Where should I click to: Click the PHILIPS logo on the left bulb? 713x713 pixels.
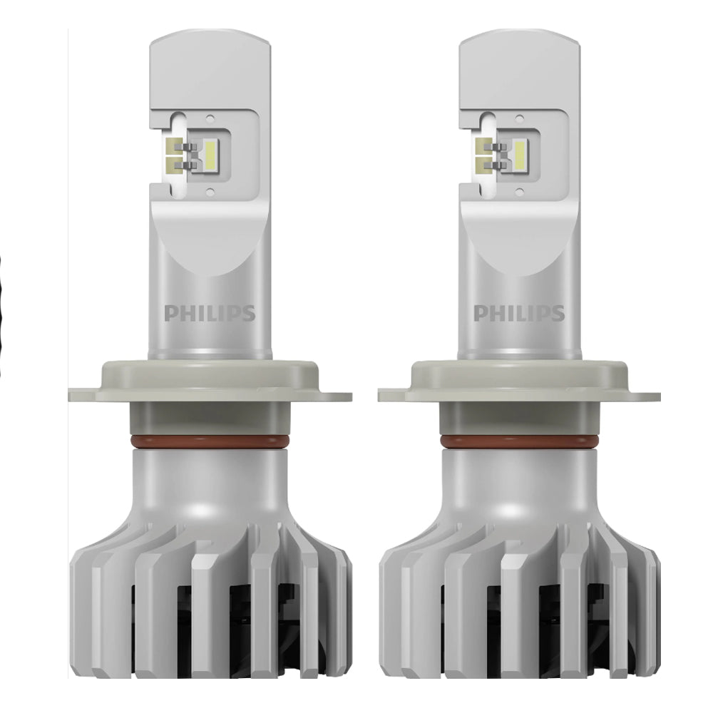tap(210, 313)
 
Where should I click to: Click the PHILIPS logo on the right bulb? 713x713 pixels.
tap(519, 313)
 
